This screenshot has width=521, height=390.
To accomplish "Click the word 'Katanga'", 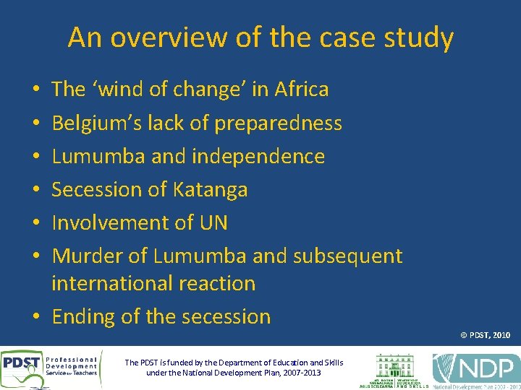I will click(x=210, y=189).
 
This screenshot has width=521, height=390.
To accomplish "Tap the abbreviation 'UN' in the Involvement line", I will click(x=212, y=222).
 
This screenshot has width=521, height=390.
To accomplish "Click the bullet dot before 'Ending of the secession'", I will click(x=36, y=317).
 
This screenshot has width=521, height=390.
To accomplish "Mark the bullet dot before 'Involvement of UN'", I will click(x=36, y=223).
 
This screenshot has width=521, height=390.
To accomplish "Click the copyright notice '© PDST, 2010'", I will click(x=486, y=335).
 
